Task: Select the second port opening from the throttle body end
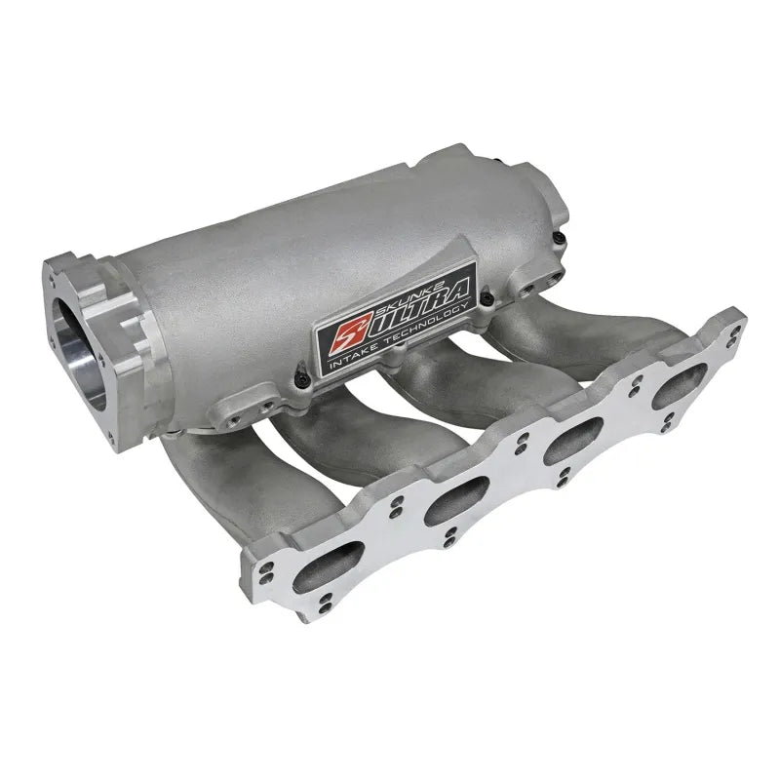[456, 500]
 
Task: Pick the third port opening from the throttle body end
[573, 441]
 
